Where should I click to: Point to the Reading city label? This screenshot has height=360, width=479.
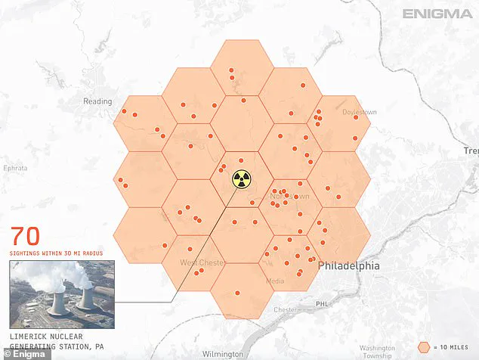tap(97, 101)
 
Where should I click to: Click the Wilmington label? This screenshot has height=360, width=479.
tap(223, 354)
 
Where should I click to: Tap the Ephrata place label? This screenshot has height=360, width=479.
tap(15, 168)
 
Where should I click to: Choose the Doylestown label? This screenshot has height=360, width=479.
tap(359, 112)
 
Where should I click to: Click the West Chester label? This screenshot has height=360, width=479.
tap(202, 262)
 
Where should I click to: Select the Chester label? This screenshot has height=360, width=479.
tap(286, 309)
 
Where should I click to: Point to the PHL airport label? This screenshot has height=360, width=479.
tap(323, 304)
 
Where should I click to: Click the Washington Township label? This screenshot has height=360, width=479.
tap(377, 351)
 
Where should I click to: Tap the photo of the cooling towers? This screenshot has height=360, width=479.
tap(62, 294)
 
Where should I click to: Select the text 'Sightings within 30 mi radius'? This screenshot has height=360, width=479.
tap(56, 253)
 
